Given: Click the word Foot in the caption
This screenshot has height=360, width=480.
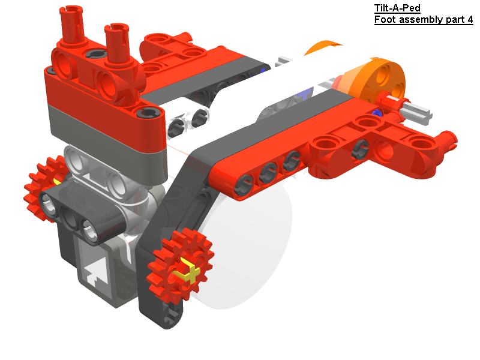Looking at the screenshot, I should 385,20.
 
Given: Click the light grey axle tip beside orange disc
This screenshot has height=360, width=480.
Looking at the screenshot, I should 420,110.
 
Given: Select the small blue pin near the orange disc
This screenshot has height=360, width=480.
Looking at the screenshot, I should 377,113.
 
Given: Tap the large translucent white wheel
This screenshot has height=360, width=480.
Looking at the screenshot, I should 252,252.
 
